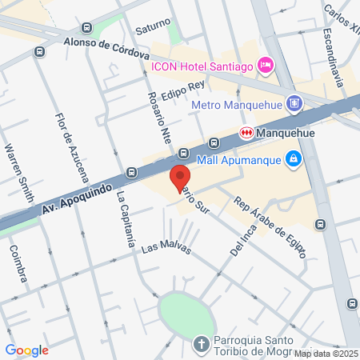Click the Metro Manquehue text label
(x=239, y=104)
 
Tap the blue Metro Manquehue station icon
(x=295, y=103)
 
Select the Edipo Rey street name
(x=183, y=90)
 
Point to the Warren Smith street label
(x=19, y=172)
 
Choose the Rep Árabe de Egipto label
(x=270, y=226)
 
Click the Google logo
(x=27, y=350)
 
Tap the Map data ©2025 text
(x=326, y=354)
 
